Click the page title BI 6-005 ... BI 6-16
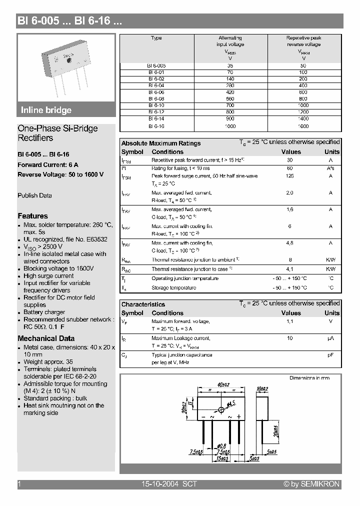click(69, 21)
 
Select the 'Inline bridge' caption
click(46, 110)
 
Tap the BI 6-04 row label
click(156, 85)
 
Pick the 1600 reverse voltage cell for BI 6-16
click(304, 126)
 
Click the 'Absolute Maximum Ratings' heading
click(161, 143)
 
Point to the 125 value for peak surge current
click(289, 176)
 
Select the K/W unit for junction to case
click(330, 269)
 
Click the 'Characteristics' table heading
click(143, 304)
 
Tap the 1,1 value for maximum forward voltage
click(289, 321)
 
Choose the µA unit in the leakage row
click(330, 338)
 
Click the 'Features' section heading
click(32, 216)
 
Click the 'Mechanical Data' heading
click(46, 338)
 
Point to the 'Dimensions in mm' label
click(309, 378)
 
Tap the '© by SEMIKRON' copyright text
click(311, 484)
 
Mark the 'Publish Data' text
click(34, 195)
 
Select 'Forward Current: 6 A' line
click(48, 164)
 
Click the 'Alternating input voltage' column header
click(230, 41)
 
